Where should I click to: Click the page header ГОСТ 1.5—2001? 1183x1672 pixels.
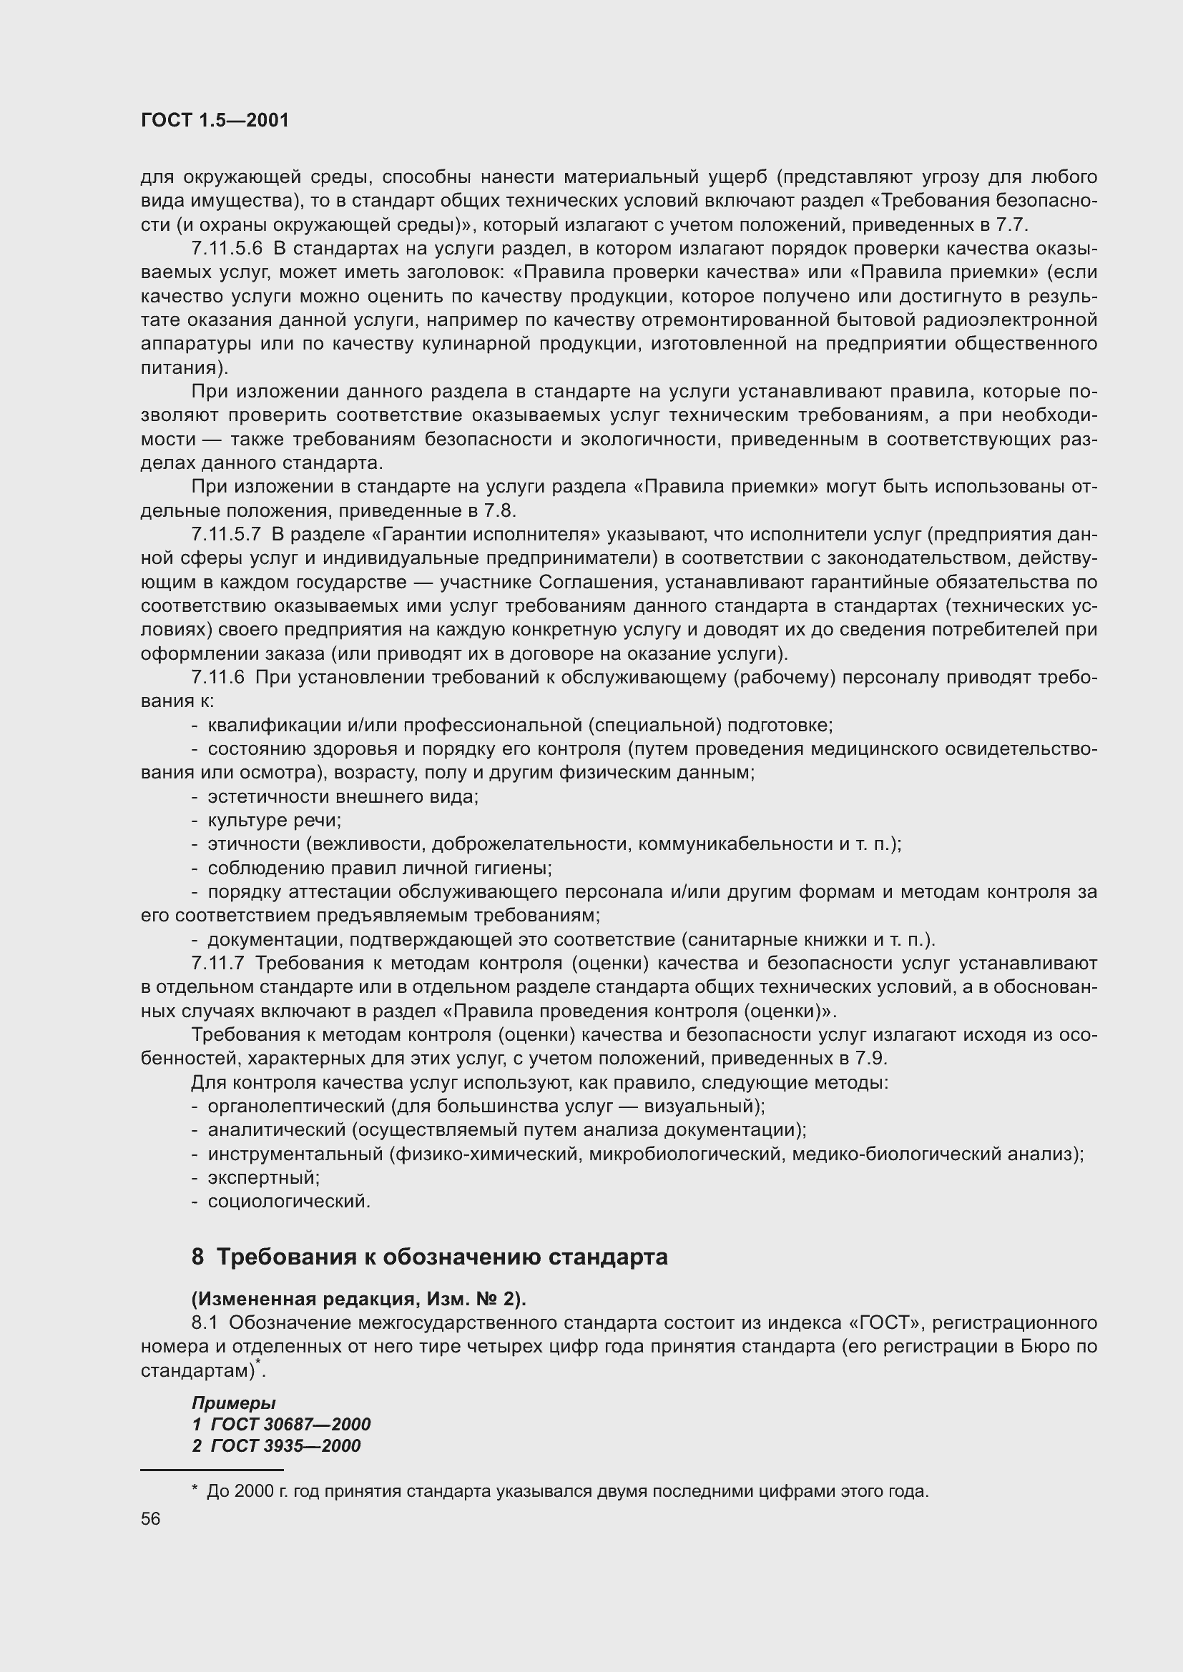215,120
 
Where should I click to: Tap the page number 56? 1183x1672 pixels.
151,1518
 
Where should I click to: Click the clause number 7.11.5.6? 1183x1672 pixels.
227,248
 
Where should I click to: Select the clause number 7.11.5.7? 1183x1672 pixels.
226,535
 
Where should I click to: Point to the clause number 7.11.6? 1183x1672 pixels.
218,677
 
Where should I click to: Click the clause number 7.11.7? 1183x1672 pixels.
218,964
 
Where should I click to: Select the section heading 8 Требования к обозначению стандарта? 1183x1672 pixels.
429,1257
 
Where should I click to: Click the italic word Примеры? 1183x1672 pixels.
233,1403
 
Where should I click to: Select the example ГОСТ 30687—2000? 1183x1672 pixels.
290,1424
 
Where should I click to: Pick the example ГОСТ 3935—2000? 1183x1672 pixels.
285,1445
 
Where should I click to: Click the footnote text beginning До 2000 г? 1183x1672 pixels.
566,1491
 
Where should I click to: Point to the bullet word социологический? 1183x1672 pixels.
288,1201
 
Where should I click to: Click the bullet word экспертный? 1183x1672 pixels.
263,1177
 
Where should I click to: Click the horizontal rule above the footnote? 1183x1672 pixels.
211,1470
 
